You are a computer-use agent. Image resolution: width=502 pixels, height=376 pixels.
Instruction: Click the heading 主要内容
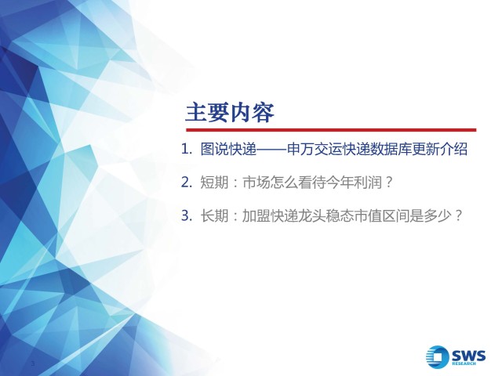230,113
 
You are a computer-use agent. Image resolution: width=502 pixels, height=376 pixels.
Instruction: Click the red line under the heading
331,130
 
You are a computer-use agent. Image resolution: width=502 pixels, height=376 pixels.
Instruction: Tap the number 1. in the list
187,149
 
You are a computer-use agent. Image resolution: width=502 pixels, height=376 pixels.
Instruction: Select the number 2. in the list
187,183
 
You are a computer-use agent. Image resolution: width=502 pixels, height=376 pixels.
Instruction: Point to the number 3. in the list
187,215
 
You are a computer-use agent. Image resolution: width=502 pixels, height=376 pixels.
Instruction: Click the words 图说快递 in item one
228,149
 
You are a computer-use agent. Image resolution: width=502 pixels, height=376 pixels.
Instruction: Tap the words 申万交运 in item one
315,149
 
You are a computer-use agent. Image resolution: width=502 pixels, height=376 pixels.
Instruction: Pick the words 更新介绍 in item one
440,149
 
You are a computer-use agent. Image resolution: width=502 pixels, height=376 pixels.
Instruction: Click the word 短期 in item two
214,183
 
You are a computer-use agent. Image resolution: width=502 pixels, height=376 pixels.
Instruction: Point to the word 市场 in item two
256,183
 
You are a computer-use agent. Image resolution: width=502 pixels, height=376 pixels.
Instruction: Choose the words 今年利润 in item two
354,183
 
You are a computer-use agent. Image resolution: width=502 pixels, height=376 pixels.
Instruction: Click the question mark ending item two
389,183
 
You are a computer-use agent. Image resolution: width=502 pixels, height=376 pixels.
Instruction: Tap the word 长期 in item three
214,216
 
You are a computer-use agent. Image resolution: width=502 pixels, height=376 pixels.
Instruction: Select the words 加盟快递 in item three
270,216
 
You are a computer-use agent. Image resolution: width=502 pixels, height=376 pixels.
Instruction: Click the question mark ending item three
458,216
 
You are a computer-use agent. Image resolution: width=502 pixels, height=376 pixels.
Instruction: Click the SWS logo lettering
469,356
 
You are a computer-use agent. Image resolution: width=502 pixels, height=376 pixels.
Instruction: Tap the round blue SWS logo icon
438,357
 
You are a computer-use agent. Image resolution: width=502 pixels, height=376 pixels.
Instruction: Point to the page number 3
33,363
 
